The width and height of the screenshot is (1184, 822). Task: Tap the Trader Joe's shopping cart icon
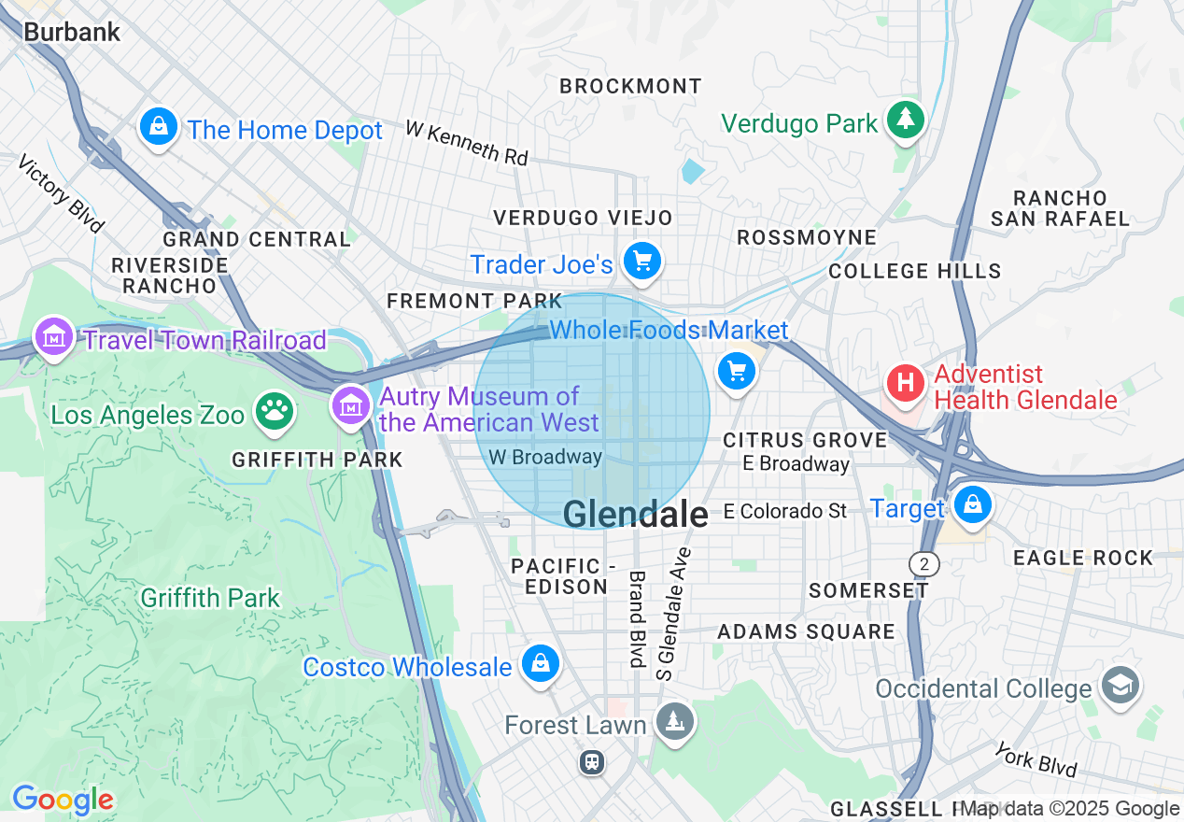pos(642,262)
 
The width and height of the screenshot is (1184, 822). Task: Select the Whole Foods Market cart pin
pos(737,372)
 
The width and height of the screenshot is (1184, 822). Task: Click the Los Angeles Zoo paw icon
pos(274,411)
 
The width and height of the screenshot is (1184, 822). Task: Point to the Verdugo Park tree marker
pos(904,120)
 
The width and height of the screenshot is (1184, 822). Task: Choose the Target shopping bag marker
pos(973,504)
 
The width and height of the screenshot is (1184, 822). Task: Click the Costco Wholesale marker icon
pos(540,664)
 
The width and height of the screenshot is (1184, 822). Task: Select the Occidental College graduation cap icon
pos(1121,685)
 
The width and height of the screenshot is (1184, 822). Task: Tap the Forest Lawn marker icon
pos(672,722)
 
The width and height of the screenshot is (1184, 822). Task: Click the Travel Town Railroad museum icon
pos(54,336)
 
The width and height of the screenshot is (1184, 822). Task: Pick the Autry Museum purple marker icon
pos(351,406)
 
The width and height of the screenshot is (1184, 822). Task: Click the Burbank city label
pos(72,32)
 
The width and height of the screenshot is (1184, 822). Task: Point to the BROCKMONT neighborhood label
pos(630,86)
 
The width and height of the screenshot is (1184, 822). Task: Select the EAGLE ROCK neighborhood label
pos(1083,558)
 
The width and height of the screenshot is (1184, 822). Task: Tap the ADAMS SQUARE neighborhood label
pos(806,631)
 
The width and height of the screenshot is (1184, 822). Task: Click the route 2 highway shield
pos(923,563)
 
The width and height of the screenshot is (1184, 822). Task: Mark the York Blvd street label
pos(1036,759)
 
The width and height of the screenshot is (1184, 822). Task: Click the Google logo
pos(63,800)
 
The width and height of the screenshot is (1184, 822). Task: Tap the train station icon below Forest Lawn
pos(592,762)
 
